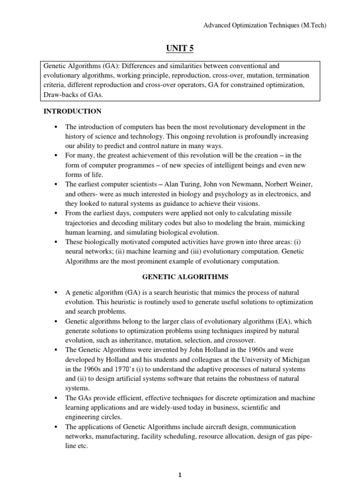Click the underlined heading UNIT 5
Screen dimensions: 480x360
pos(180,48)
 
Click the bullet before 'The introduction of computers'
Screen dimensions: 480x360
pos(55,127)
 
